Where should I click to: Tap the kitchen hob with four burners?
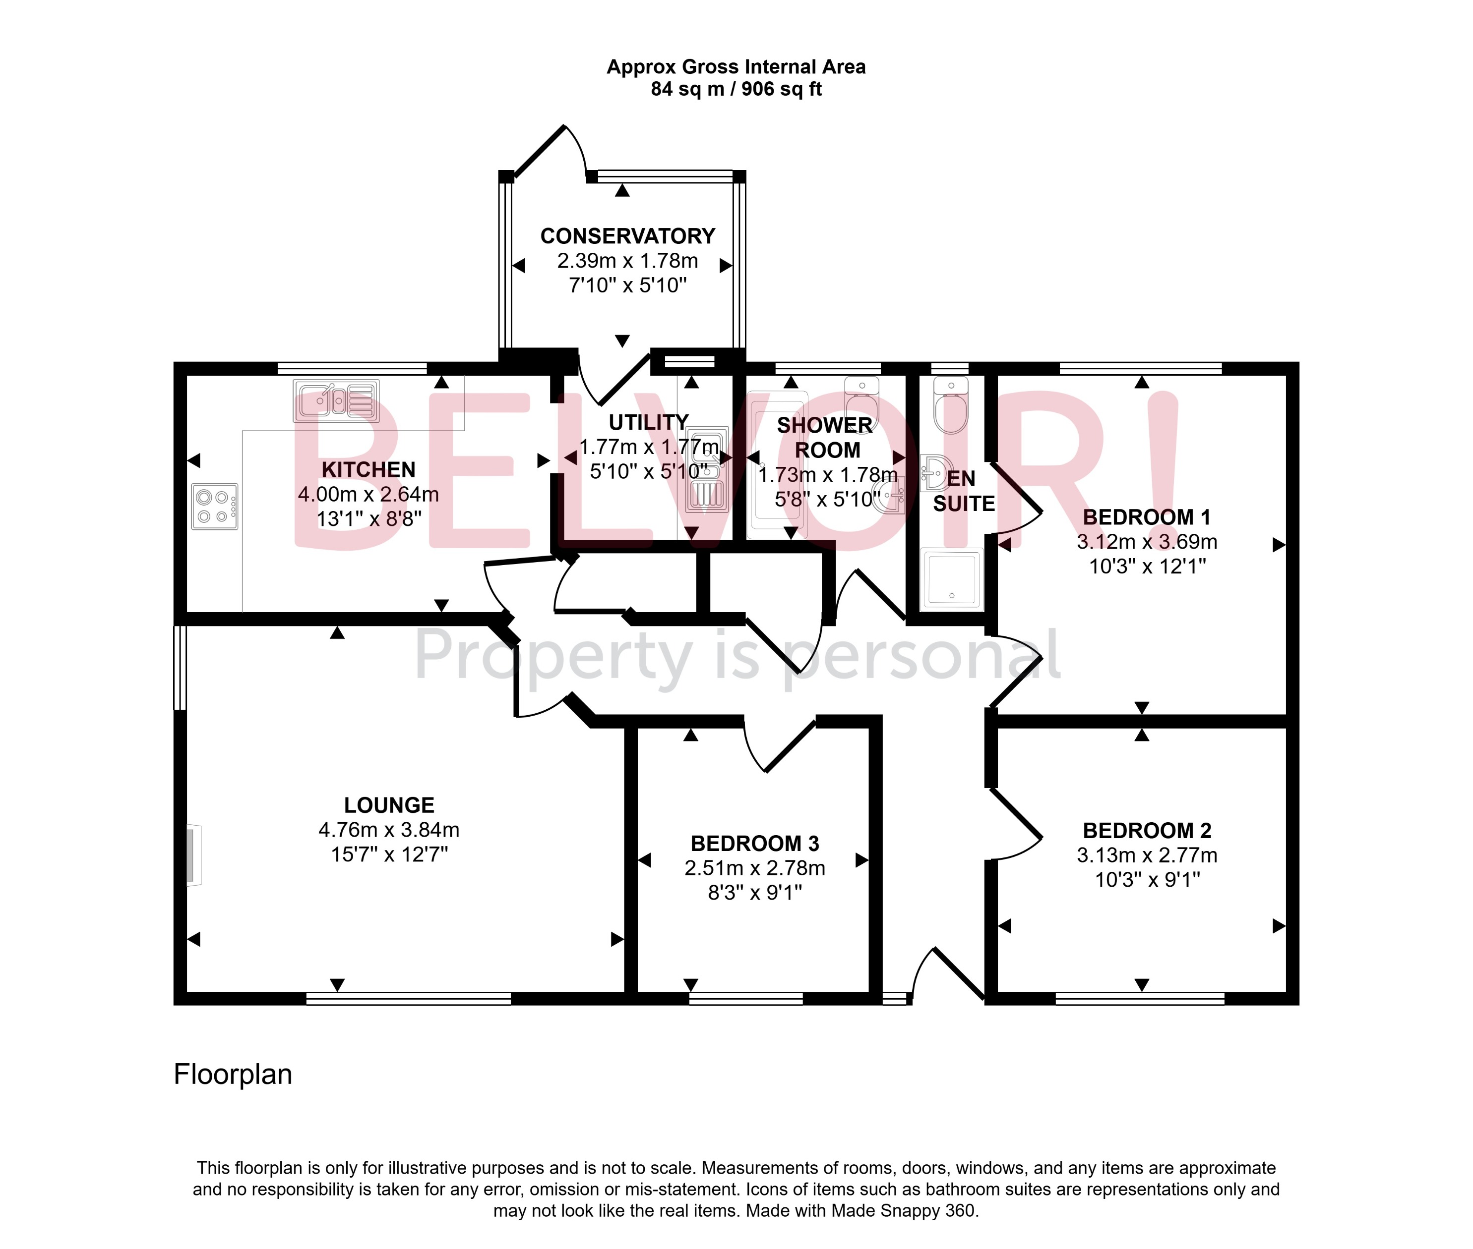(x=215, y=506)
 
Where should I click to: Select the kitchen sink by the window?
(x=336, y=401)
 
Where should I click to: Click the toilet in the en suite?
(x=950, y=407)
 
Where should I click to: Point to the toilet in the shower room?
(x=861, y=403)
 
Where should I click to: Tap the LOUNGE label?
(x=389, y=805)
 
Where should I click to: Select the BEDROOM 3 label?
(x=754, y=843)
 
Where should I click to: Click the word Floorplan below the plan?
(x=233, y=1074)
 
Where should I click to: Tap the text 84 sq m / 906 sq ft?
(x=736, y=89)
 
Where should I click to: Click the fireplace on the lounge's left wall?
(x=191, y=854)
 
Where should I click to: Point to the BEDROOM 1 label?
(x=1146, y=517)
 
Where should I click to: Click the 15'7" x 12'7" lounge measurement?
(x=389, y=854)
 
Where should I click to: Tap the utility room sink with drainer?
(x=708, y=469)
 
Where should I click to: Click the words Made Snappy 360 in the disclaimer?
(x=904, y=1211)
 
